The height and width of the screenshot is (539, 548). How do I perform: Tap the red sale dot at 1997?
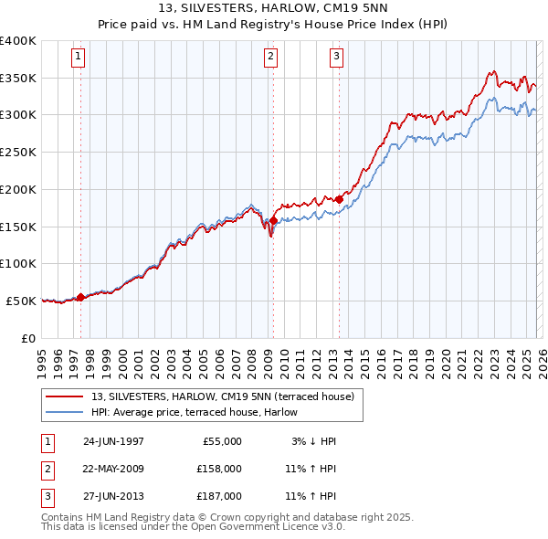tap(80, 296)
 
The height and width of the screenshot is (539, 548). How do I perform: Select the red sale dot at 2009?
tap(273, 220)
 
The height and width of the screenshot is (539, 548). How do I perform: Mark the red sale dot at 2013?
tap(339, 198)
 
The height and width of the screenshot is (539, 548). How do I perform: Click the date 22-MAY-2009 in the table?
tap(113, 468)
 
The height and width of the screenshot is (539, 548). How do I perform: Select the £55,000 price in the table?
tap(220, 441)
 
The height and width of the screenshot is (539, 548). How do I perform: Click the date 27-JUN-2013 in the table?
tap(113, 495)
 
